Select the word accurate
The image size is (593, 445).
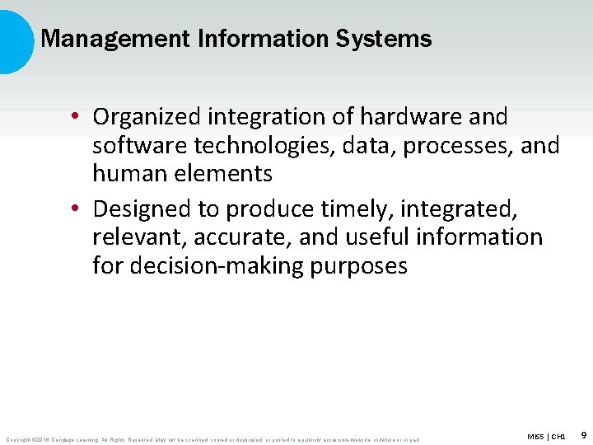pos(241,237)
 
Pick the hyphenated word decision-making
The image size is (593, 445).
pos(217,266)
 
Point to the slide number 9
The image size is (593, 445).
pos(583,434)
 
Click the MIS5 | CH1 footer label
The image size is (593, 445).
pos(546,435)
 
